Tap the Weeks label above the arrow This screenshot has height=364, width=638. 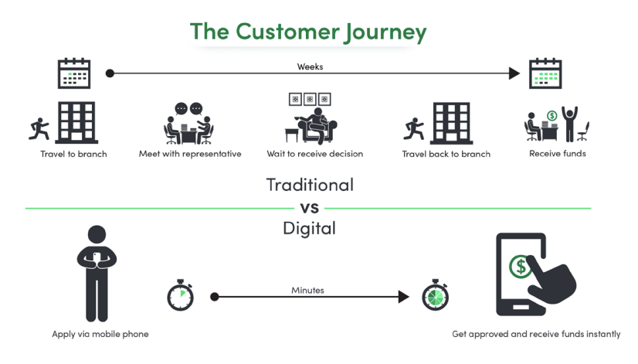[x=310, y=66]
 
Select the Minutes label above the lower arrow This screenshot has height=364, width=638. [x=307, y=290]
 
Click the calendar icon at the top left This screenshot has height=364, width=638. [x=74, y=73]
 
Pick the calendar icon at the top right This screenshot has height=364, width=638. [x=545, y=74]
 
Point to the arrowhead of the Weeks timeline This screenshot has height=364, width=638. [x=514, y=73]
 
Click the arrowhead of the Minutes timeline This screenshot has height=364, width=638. [x=402, y=297]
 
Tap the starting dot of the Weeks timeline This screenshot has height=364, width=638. [x=110, y=73]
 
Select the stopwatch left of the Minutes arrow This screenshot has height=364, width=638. [x=180, y=296]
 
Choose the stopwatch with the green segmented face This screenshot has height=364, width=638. [x=435, y=296]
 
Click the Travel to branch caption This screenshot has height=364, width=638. [x=73, y=154]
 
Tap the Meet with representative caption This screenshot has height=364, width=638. [x=190, y=154]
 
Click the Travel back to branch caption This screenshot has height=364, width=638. [x=446, y=154]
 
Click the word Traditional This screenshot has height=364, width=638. [x=310, y=185]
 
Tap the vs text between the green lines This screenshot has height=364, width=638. [x=310, y=208]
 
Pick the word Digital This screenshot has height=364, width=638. [x=310, y=229]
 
